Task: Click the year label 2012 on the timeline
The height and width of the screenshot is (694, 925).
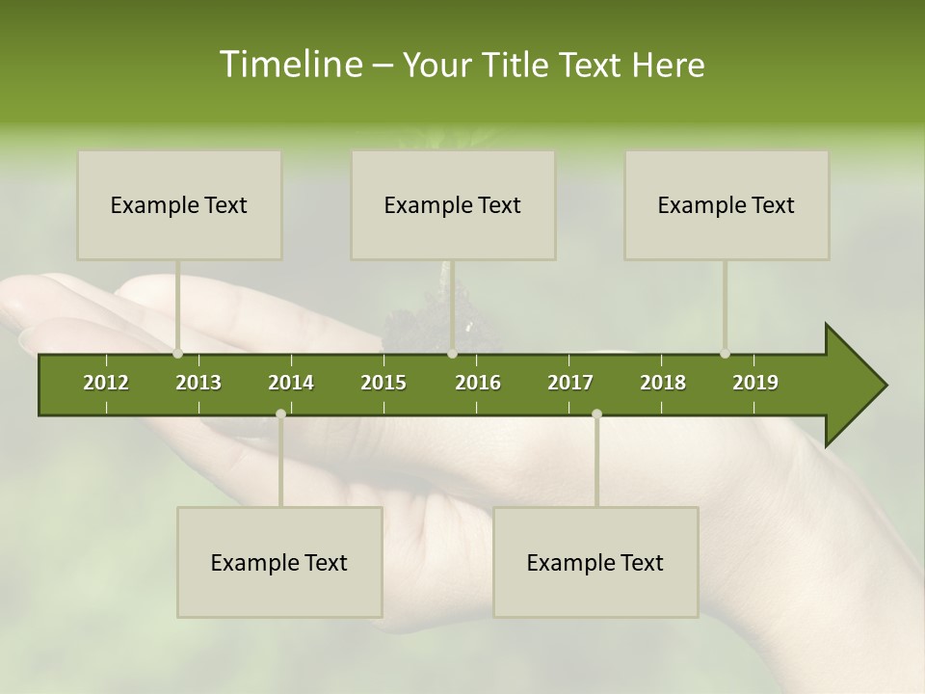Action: coord(106,383)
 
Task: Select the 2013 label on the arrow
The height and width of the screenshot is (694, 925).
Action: coord(198,383)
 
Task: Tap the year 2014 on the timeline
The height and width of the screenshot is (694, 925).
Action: coord(291,383)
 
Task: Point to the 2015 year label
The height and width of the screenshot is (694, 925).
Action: coord(383,383)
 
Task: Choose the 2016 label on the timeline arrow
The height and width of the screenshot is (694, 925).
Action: coord(478,383)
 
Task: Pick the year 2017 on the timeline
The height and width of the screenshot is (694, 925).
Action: coord(570,383)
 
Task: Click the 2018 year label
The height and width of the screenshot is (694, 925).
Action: coord(663,383)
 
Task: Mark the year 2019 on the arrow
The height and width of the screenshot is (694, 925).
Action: coord(755,383)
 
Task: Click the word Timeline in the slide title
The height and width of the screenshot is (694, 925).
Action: coord(289,65)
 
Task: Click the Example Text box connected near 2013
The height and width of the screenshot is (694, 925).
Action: coord(179,204)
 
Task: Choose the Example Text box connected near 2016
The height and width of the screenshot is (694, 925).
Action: coord(453,204)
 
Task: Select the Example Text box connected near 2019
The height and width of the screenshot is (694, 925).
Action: coord(727,204)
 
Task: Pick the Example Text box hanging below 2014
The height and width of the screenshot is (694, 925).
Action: coord(279,562)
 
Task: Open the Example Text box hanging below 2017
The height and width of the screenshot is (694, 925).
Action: coord(595,562)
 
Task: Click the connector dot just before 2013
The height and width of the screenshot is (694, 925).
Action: coord(177,354)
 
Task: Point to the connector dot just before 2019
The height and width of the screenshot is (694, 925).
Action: coord(725,354)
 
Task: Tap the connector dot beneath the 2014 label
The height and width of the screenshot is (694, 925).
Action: coord(280,414)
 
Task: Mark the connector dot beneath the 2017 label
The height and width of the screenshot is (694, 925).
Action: coord(596,414)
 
